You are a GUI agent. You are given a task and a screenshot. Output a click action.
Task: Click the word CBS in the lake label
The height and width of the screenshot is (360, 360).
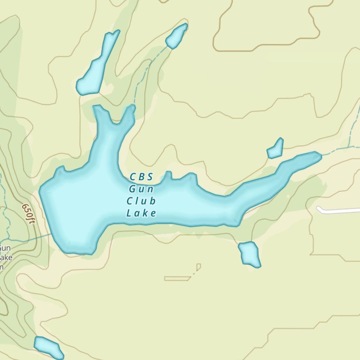[141, 177]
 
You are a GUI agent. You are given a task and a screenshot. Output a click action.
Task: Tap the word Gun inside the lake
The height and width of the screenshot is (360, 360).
[141, 189]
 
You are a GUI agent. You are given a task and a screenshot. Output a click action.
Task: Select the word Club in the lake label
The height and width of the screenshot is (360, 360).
[141, 201]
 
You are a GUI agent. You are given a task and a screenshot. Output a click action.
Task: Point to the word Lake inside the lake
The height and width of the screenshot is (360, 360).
[141, 213]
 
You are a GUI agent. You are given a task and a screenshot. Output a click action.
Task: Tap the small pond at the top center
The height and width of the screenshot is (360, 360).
[176, 36]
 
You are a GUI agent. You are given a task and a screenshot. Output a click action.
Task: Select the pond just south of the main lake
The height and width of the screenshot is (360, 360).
[249, 254]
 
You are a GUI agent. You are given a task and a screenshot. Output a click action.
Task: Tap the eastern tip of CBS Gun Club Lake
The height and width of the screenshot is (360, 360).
[318, 156]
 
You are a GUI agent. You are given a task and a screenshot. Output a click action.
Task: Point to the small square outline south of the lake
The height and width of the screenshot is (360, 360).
[198, 267]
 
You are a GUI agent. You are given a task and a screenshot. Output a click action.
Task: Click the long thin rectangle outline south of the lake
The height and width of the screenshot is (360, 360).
[177, 278]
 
